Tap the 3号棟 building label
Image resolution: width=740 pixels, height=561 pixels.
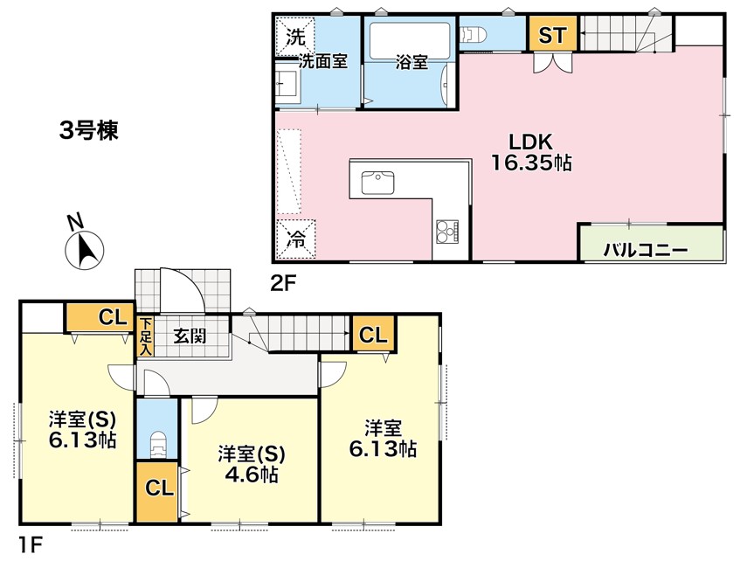(x=88, y=131)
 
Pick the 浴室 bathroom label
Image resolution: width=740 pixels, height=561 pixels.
(x=411, y=63)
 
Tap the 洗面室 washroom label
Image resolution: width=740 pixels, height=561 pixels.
(x=324, y=62)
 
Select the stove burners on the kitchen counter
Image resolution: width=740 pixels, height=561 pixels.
(x=447, y=232)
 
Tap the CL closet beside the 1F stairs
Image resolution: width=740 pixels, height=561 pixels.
(x=372, y=335)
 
